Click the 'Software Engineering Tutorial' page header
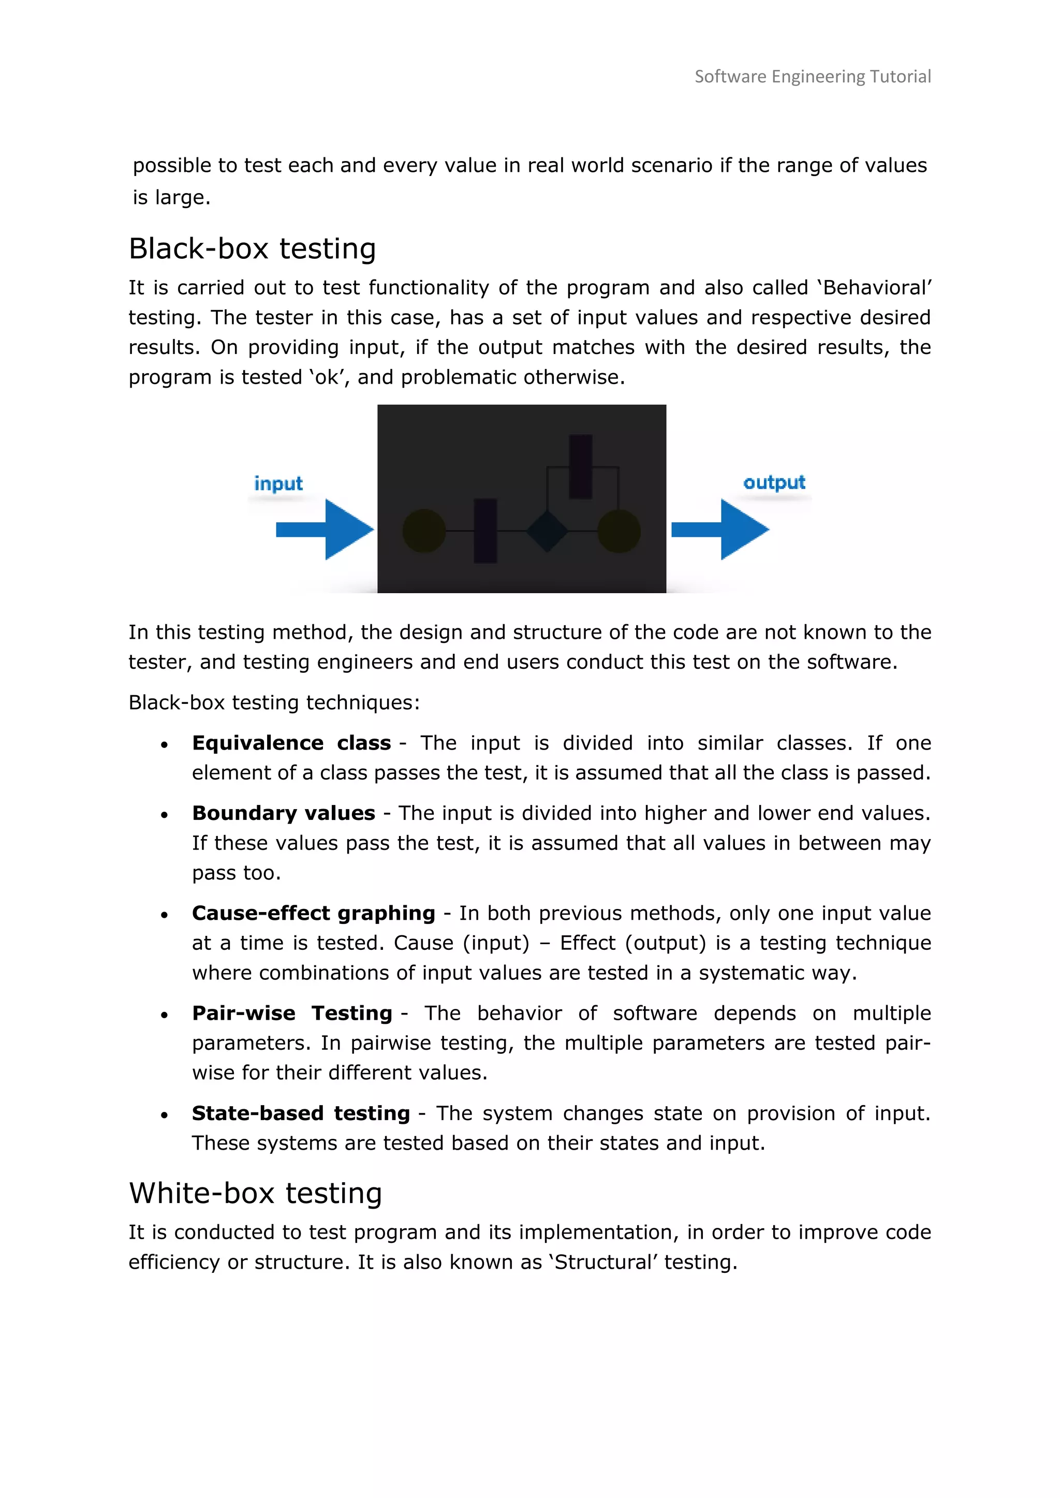coord(812,77)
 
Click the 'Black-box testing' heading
coord(252,248)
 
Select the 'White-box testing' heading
coord(255,1193)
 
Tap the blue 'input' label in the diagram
coord(278,483)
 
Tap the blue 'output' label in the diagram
coord(774,482)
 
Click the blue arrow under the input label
coord(325,530)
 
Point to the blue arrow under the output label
coord(720,530)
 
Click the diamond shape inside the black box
coord(547,531)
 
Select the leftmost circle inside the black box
coord(424,531)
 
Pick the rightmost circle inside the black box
coord(619,531)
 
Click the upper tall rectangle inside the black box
coord(580,467)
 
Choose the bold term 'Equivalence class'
coord(291,743)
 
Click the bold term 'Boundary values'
coord(283,813)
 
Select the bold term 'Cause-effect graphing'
coord(313,913)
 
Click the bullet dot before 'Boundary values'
coord(165,815)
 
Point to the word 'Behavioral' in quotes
coord(875,287)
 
